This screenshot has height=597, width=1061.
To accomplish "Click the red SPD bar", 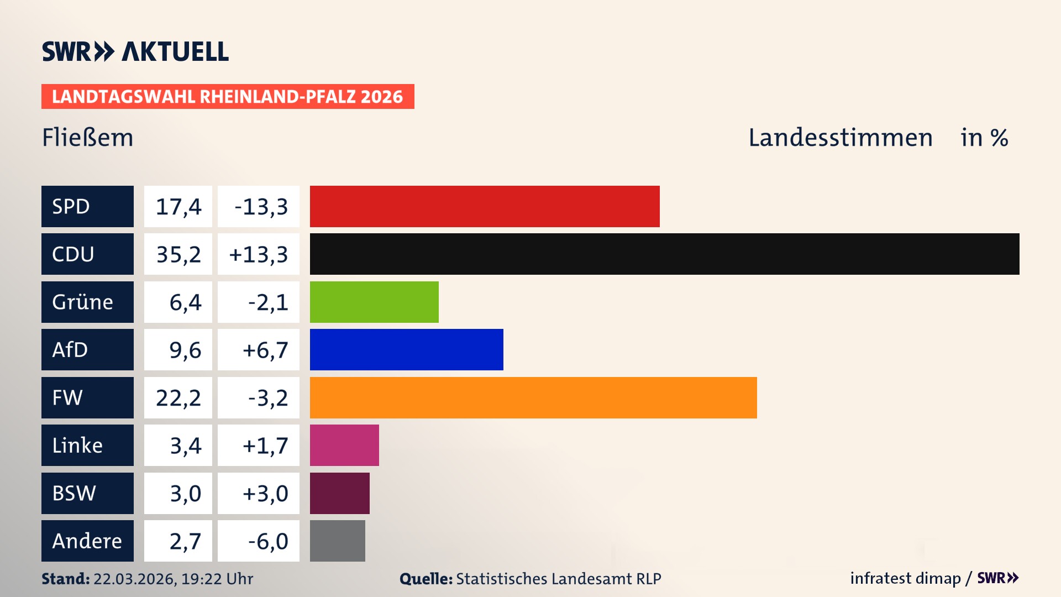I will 485,206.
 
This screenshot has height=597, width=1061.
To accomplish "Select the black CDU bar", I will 664,254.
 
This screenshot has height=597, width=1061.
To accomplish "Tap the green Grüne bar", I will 374,302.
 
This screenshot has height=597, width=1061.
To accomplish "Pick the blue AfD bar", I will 406,349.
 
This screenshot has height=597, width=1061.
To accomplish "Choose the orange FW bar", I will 533,397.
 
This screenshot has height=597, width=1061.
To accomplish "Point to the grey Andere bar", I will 337,541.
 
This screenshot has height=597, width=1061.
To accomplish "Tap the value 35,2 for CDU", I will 178,254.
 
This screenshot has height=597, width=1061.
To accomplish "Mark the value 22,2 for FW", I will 178,398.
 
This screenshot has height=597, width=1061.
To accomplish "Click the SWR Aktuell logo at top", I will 135,51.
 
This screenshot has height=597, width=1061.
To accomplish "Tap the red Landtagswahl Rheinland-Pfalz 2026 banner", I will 228,97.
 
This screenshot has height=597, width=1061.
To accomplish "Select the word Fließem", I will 87,138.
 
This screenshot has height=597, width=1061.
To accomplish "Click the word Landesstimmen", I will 840,138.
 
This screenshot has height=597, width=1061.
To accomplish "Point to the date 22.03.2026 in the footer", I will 134,579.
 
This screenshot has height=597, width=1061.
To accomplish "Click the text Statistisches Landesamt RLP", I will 558,579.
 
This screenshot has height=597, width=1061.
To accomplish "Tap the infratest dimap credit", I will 905,578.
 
